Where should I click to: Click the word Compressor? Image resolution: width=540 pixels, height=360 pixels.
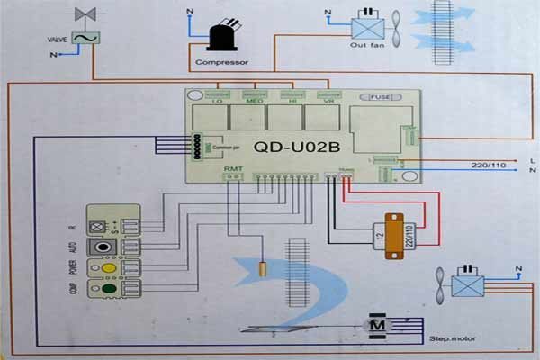coord(221,63)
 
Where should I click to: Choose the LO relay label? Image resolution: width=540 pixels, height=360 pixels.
coord(217,102)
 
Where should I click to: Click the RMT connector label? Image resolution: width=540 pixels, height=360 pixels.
coord(232,167)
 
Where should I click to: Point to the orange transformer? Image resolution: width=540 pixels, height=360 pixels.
coord(392,234)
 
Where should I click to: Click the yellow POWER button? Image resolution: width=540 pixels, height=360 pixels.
coord(107,268)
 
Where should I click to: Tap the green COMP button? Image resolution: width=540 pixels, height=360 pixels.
coord(107,290)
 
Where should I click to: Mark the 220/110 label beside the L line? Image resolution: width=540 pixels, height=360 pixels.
coord(487,166)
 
